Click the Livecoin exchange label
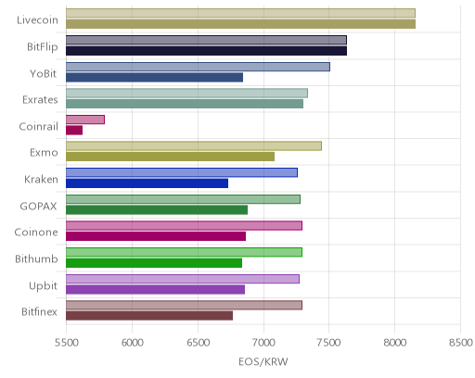coord(37,20)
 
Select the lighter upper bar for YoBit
coord(198,67)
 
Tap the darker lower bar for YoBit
coord(154,77)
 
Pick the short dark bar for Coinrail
coord(74,131)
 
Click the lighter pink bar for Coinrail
coord(85,120)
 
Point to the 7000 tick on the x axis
coord(263,343)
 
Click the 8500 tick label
coord(461,343)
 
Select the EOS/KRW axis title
coord(263,361)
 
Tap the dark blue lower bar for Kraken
coord(147,183)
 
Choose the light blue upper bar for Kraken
coord(182,172)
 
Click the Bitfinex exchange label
coord(39,312)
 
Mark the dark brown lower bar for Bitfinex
coord(149,316)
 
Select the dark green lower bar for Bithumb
coord(154,263)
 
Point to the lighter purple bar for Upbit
coord(183,279)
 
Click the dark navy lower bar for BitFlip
coord(206,51)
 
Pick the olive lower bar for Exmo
coord(170,157)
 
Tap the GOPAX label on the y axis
coord(38,207)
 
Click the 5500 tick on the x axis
coord(66,343)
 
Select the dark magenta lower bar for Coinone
coord(156,236)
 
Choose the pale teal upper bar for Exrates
coord(186,93)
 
